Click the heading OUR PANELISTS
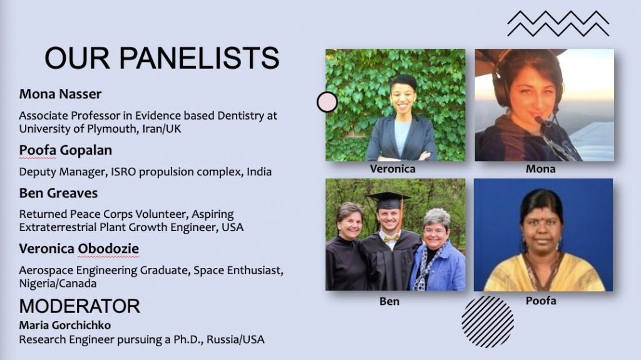(x=162, y=58)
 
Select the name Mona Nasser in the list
(x=60, y=94)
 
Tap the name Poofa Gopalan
(x=65, y=150)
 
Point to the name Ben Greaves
(x=58, y=193)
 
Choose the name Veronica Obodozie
(x=79, y=249)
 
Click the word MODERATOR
(x=79, y=306)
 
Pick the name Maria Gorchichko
(x=65, y=325)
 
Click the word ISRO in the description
(x=123, y=172)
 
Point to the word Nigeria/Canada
(x=58, y=284)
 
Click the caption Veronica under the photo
(x=392, y=169)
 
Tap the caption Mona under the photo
(x=540, y=169)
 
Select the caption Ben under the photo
(x=389, y=302)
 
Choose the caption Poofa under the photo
(x=541, y=301)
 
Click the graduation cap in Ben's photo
(x=387, y=200)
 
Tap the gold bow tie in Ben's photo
(x=391, y=238)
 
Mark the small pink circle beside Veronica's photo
(x=327, y=102)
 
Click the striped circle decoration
(x=488, y=322)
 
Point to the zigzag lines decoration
(x=558, y=24)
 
